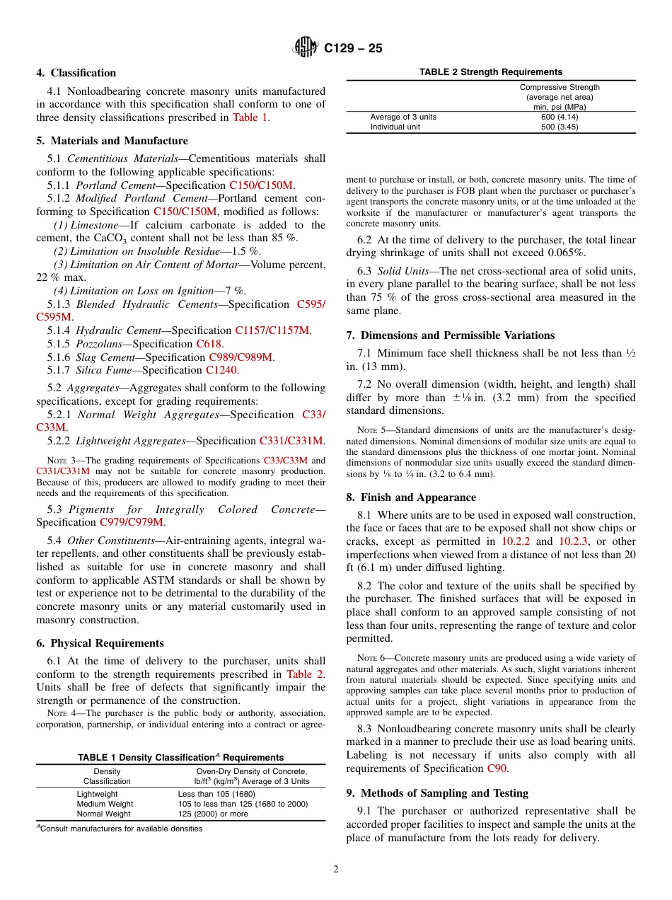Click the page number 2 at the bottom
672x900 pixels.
336,870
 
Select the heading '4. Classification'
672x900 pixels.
76,73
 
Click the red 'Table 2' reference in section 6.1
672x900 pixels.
305,674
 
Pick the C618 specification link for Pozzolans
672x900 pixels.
209,344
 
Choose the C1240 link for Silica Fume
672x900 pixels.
222,370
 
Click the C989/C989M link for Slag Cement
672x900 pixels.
241,357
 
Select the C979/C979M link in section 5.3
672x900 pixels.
132,523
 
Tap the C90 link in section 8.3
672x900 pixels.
497,768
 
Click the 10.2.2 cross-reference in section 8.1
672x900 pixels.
516,541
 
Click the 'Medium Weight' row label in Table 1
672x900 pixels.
105,804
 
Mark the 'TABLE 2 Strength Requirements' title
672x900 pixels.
490,72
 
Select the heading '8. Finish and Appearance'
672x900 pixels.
411,497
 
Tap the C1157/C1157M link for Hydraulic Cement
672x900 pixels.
272,330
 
